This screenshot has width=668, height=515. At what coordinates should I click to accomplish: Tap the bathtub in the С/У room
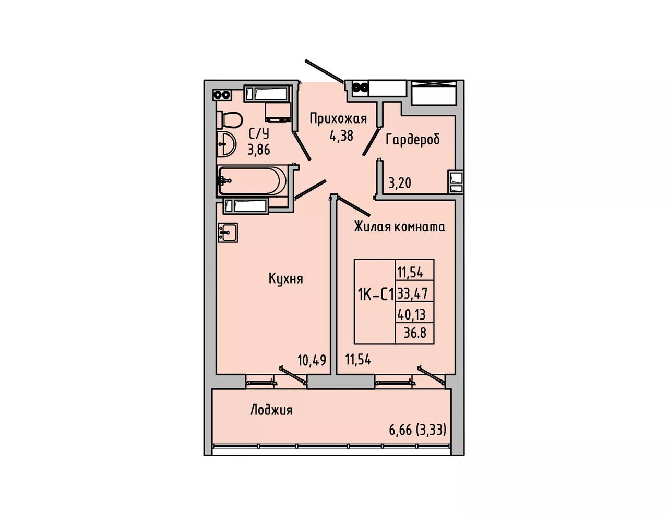tap(253, 180)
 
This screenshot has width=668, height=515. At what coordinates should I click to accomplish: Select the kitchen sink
tap(228, 232)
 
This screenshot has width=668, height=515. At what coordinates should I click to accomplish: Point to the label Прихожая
tap(338, 119)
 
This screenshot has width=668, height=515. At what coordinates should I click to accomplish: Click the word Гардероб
tap(413, 140)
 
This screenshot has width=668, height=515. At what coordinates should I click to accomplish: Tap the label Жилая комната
tap(399, 227)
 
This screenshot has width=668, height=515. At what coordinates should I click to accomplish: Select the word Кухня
tap(285, 279)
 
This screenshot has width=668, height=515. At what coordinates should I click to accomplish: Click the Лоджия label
tap(271, 410)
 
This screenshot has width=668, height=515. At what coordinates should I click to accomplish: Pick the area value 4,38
tap(341, 136)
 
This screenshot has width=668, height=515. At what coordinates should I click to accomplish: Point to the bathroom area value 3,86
tap(259, 150)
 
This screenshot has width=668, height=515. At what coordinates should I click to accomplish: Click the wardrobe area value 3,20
tap(400, 183)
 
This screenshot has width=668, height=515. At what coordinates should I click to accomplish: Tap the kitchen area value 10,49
tap(312, 360)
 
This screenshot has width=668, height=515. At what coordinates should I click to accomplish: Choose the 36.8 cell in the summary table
tap(415, 333)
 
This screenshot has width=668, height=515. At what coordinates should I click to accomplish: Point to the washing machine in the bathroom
tap(278, 113)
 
